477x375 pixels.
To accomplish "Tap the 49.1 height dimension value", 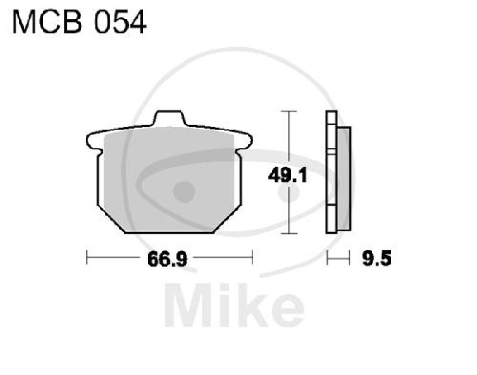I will [x=283, y=176].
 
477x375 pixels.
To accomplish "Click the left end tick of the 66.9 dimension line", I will [x=87, y=259].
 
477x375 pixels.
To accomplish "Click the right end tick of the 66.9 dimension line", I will [x=253, y=259].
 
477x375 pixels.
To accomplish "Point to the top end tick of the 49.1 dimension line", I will [x=289, y=111].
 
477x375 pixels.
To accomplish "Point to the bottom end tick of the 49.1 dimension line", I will [x=289, y=233].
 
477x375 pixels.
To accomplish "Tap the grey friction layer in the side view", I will [x=345, y=179].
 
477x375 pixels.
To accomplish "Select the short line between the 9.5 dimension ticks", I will [x=337, y=259].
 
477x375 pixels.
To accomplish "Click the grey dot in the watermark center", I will [x=184, y=191].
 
